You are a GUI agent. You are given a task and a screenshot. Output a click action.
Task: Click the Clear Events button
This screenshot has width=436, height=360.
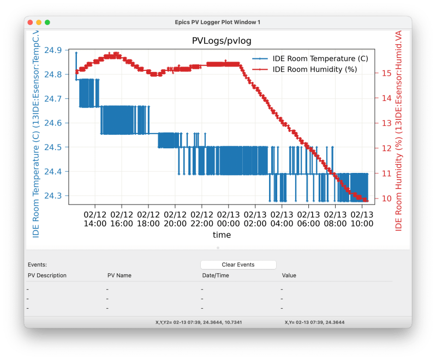tap(237, 265)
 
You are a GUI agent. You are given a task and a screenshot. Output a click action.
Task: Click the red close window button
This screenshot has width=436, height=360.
tap(30, 22)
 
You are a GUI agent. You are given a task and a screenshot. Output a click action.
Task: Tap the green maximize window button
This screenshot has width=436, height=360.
tap(47, 22)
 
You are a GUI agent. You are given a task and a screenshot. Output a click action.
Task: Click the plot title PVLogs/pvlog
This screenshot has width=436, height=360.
tap(222, 41)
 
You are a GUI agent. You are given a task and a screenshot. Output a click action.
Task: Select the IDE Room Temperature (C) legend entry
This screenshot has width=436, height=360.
tap(320, 58)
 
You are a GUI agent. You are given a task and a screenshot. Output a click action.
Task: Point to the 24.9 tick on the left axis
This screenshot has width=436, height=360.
tap(52, 50)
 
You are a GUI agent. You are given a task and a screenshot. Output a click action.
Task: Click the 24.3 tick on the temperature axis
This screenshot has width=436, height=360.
tap(52, 196)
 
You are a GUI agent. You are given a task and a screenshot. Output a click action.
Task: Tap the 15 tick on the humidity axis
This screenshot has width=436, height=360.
tap(386, 73)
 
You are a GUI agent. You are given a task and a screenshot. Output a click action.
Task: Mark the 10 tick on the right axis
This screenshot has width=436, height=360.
tap(386, 199)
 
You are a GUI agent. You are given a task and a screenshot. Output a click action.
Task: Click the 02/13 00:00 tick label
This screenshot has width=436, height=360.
tap(228, 219)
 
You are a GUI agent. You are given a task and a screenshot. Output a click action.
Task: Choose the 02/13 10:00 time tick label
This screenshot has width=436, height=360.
tap(362, 219)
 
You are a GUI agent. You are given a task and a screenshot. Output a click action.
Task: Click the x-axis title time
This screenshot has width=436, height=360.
tap(222, 235)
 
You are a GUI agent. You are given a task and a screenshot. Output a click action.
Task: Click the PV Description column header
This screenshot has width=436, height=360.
tap(47, 275)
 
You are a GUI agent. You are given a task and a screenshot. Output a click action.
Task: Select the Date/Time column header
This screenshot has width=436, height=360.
tap(216, 275)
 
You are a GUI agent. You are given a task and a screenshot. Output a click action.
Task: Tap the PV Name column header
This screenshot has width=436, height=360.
tap(120, 275)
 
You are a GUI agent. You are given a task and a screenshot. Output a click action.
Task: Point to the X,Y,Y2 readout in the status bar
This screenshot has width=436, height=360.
tap(199, 322)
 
